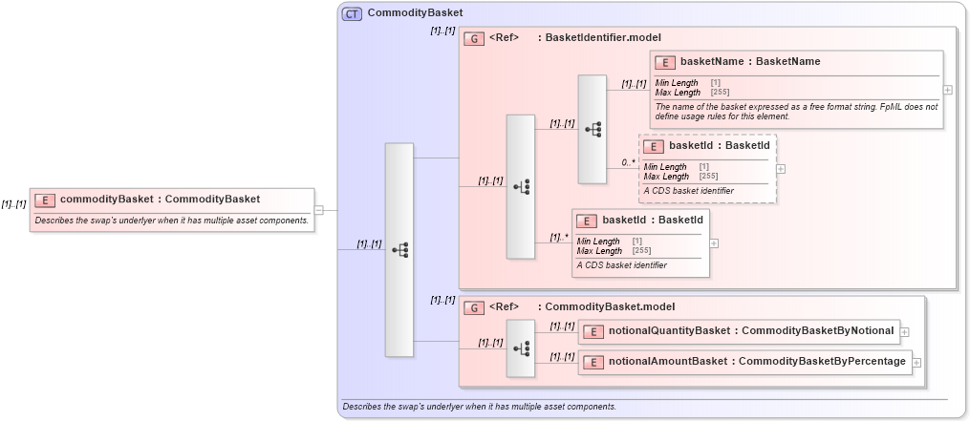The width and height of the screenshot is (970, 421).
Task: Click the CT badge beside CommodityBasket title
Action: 352,13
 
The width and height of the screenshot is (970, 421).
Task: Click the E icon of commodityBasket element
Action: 45,200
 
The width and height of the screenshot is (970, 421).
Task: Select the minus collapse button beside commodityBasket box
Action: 318,210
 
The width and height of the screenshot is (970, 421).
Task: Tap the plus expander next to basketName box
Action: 947,90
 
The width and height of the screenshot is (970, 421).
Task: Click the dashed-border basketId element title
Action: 719,145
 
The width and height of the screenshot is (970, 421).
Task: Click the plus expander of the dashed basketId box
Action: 781,168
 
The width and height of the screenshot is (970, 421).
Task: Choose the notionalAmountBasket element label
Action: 757,361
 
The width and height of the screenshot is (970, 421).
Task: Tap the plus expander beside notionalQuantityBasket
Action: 904,331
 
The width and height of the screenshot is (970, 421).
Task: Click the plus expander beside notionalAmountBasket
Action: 916,362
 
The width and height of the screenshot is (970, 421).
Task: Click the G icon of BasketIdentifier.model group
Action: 473,38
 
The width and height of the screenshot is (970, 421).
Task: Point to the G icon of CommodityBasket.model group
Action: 473,307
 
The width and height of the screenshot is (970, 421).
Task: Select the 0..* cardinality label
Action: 628,162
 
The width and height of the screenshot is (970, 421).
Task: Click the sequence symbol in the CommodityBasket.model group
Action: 521,348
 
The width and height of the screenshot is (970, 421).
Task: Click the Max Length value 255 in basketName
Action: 720,92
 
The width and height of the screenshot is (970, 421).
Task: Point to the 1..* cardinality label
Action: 559,237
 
